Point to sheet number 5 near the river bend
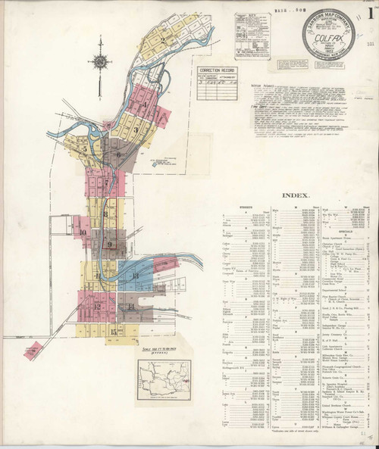(84, 149)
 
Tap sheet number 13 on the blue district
(136, 276)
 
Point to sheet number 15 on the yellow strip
(113, 331)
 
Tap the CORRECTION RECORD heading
(213, 69)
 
